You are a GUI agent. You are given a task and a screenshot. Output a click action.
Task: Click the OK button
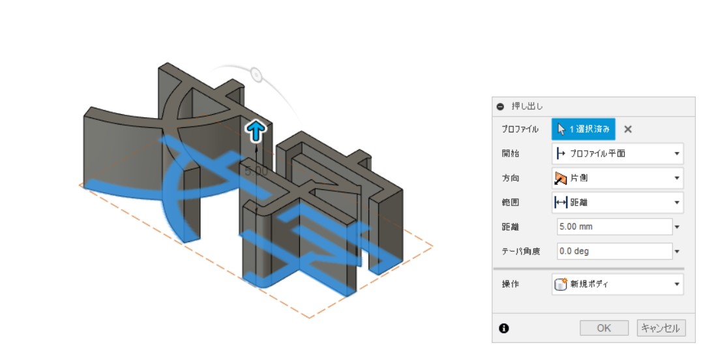[604, 328]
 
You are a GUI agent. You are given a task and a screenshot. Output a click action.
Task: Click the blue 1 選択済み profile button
[583, 129]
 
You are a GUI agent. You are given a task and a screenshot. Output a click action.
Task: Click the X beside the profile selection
[628, 129]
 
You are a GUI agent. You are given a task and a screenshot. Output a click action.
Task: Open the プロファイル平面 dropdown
[617, 154]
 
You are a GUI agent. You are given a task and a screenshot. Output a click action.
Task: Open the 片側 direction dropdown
[617, 178]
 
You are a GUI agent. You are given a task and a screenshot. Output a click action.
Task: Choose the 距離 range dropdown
[617, 202]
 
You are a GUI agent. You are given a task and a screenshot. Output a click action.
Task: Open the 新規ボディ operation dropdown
[617, 284]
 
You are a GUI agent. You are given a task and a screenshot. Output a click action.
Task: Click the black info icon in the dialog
[503, 328]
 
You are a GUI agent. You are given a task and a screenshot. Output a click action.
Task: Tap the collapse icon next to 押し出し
[500, 106]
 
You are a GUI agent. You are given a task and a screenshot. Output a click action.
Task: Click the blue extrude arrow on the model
[256, 131]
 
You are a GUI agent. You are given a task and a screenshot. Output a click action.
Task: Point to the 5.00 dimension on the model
[256, 171]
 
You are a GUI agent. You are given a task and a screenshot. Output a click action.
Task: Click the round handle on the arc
[256, 75]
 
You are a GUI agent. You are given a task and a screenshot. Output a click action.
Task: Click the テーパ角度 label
[520, 251]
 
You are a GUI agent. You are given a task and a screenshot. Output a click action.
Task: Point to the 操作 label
[510, 284]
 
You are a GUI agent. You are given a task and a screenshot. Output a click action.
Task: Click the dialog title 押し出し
[527, 106]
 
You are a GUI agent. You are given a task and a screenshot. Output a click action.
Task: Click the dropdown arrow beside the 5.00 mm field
[677, 227]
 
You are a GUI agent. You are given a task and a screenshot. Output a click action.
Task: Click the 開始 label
[510, 154]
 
